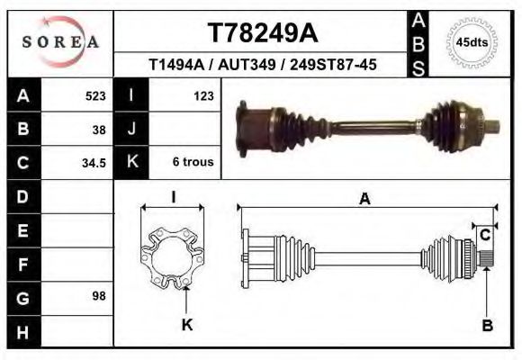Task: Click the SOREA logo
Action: [x=59, y=42]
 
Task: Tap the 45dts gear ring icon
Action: [x=472, y=42]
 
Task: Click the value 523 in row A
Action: [x=95, y=95]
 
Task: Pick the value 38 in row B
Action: [x=99, y=129]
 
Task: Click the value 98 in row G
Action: [x=99, y=296]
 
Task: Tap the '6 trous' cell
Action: [x=193, y=163]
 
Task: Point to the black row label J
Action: [x=131, y=129]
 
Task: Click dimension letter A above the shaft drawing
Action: [x=365, y=199]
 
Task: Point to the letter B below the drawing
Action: [x=487, y=326]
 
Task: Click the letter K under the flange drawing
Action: [x=187, y=326]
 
